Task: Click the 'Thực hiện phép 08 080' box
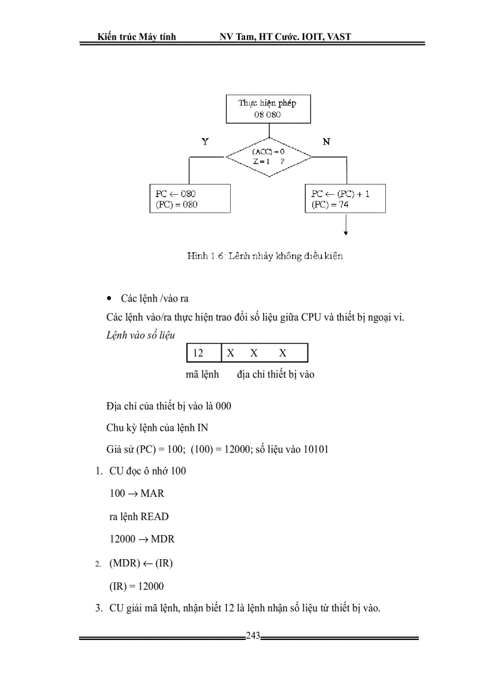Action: [267, 108]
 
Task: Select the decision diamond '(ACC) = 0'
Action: [268, 157]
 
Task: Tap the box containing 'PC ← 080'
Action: [189, 199]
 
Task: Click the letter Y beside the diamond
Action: [205, 142]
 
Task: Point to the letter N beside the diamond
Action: [327, 142]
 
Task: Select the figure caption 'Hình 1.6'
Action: [264, 256]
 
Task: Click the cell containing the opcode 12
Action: [204, 353]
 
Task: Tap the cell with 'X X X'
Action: [264, 353]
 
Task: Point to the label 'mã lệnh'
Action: [202, 375]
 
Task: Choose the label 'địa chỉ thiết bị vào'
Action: [276, 375]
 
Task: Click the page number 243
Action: [253, 636]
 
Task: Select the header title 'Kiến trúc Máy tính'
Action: [137, 37]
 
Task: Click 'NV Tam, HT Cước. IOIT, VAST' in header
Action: [285, 37]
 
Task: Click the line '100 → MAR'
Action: [137, 493]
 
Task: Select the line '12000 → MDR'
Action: [142, 539]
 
